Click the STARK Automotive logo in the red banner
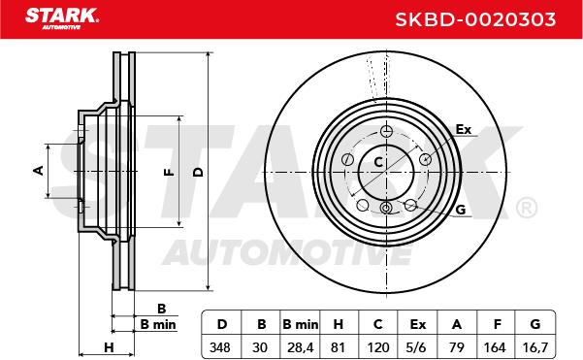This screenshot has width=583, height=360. [62, 19]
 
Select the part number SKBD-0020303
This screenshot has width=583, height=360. [475, 19]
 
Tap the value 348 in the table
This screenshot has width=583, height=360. [220, 347]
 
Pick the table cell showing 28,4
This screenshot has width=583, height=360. [301, 347]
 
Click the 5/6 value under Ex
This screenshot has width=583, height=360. [416, 347]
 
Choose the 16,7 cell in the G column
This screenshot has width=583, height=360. [535, 347]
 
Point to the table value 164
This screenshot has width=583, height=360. [495, 347]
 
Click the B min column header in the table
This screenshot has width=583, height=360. [301, 324]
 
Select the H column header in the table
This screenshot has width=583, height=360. [338, 324]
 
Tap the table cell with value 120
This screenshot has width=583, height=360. [378, 347]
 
